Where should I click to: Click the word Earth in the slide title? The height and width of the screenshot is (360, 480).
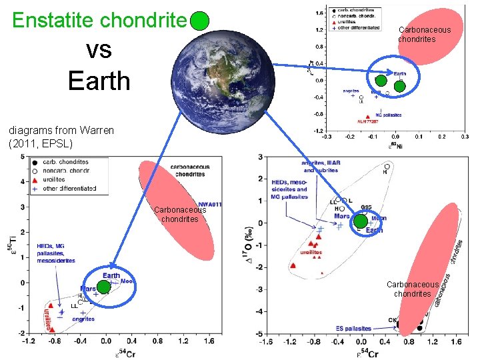tap(99, 80)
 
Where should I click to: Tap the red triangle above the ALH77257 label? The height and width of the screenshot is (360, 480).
tap(367, 116)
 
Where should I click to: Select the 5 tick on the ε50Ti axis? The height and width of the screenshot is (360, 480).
tap(22, 157)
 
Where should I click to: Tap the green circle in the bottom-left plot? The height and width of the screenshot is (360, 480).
tap(103, 287)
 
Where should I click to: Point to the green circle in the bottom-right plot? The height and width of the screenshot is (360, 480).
tap(360, 222)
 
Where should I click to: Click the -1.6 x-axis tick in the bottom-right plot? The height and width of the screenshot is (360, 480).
tap(265, 342)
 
